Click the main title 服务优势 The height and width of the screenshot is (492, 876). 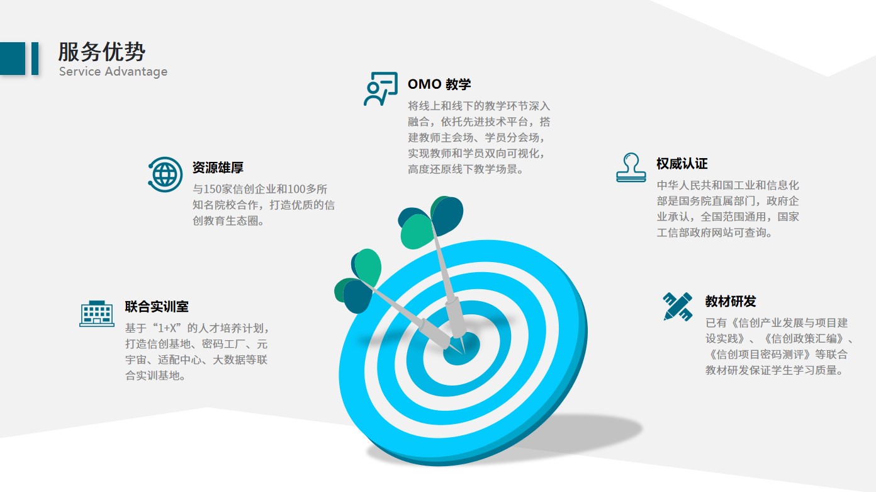pyautogui.click(x=102, y=52)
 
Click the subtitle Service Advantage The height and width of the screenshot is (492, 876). pyautogui.click(x=113, y=72)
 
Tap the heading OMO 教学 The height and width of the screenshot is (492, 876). pyautogui.click(x=439, y=84)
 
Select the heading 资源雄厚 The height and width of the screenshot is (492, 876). pyautogui.click(x=218, y=168)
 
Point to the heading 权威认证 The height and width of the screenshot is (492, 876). pyautogui.click(x=682, y=164)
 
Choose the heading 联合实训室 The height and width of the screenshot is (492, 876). pyautogui.click(x=157, y=306)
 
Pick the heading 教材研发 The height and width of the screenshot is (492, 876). pyautogui.click(x=731, y=301)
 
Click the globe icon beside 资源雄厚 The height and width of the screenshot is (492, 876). pyautogui.click(x=165, y=174)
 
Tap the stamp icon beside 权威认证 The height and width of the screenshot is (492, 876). pyautogui.click(x=631, y=168)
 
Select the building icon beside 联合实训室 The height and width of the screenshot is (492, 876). pyautogui.click(x=96, y=314)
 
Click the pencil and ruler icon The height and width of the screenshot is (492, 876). pyautogui.click(x=678, y=306)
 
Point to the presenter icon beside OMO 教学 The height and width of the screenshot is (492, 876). pyautogui.click(x=381, y=89)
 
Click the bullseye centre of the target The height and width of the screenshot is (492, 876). pyautogui.click(x=461, y=349)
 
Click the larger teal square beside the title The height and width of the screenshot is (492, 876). pyautogui.click(x=13, y=59)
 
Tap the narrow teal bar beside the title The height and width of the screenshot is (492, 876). pyautogui.click(x=35, y=59)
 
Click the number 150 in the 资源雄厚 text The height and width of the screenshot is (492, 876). pyautogui.click(x=212, y=190)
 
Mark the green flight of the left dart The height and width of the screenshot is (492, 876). pyautogui.click(x=368, y=267)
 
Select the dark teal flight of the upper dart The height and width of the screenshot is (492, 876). pyautogui.click(x=447, y=215)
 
